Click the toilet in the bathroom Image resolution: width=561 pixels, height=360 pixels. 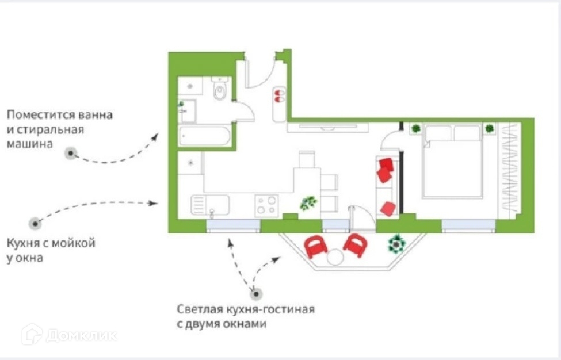click(x=220, y=90)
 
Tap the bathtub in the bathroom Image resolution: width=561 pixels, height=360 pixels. click(x=205, y=137)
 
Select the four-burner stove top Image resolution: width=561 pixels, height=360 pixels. click(x=266, y=205)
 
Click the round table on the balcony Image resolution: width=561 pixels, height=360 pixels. click(x=335, y=257)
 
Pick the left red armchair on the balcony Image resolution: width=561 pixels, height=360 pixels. click(x=315, y=247)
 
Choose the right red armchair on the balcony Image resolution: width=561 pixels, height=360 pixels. click(x=356, y=246)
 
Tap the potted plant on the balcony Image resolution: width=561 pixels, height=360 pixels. click(x=396, y=244)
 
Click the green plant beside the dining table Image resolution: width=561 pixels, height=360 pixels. click(x=308, y=202)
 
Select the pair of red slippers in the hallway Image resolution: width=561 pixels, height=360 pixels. click(x=279, y=96)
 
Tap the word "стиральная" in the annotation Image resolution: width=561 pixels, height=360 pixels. click(x=56, y=129)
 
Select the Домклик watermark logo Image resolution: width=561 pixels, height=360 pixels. click(x=69, y=335)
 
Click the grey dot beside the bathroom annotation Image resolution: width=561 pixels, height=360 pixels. click(x=71, y=154)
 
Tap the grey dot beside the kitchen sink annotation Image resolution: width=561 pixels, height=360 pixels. click(x=36, y=223)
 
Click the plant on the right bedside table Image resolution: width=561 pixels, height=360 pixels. click(x=490, y=128)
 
